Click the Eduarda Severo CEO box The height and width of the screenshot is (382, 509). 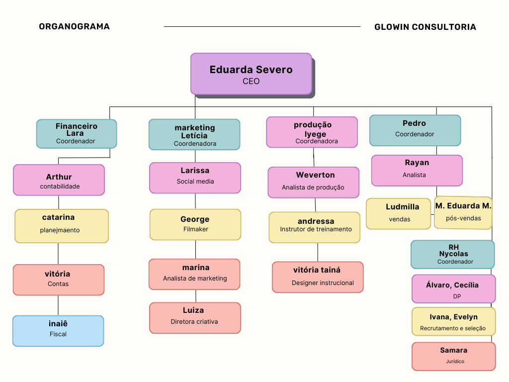[x=251, y=74]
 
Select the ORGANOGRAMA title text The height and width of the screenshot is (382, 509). [x=74, y=27]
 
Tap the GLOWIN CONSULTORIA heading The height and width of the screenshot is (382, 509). [x=425, y=27]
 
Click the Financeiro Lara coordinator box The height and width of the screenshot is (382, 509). [x=77, y=134]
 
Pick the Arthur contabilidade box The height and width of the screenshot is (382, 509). [x=59, y=180]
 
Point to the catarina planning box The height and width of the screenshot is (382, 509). [x=62, y=226]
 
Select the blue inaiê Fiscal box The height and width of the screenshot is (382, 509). [x=58, y=331]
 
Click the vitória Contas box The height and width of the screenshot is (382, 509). [x=58, y=280]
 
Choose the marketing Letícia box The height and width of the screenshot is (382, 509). [x=194, y=134]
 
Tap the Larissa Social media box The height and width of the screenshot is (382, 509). [x=195, y=178]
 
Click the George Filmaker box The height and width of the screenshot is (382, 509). [x=195, y=224]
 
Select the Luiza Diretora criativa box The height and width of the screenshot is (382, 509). [x=195, y=318]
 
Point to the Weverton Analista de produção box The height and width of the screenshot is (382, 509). [x=313, y=182]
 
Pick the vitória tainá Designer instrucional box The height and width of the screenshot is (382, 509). [x=318, y=277]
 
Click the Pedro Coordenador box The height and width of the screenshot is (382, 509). [x=415, y=130]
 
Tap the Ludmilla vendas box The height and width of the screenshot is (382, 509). [x=398, y=214]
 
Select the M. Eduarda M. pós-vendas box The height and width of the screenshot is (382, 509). [x=463, y=212]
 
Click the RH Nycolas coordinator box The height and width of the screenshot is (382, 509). [x=452, y=254]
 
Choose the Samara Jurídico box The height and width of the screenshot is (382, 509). [x=453, y=356]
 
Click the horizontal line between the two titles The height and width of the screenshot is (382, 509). [x=262, y=27]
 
